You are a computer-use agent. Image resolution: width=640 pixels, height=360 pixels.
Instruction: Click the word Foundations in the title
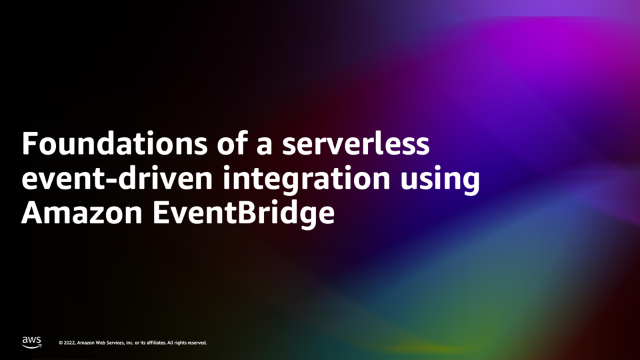coord(115,143)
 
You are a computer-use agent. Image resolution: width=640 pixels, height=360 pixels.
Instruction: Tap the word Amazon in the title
coord(81,213)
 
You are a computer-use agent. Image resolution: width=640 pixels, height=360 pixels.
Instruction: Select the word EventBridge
coord(244,213)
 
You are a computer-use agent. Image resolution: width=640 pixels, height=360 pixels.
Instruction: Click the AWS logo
coord(31,343)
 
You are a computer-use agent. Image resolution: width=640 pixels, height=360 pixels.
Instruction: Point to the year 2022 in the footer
coord(70,343)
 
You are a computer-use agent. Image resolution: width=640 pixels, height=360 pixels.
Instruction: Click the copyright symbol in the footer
coord(61,343)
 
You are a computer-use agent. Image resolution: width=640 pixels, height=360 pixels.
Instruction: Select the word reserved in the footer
coord(197,343)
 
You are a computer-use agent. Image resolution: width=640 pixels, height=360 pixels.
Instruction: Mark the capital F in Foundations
coord(29,143)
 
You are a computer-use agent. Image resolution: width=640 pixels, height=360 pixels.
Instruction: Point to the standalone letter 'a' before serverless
coord(264,147)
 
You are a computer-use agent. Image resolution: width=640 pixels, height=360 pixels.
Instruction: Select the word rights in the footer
coord(181,343)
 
